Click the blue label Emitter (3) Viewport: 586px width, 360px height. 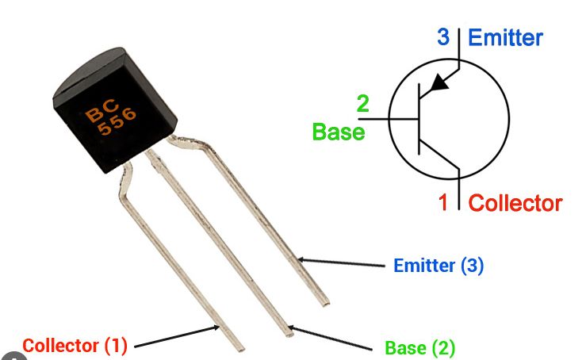(x=439, y=266)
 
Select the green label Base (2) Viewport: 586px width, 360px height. (x=420, y=347)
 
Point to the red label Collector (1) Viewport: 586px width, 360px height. (x=75, y=346)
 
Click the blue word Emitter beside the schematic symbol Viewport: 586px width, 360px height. (x=506, y=37)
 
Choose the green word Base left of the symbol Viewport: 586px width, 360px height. (x=339, y=132)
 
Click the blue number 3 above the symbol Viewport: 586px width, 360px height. (x=443, y=37)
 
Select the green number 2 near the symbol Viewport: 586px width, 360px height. (x=362, y=104)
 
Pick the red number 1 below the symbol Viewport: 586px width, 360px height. (x=444, y=202)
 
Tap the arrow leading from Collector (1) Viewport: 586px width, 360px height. (x=174, y=338)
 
